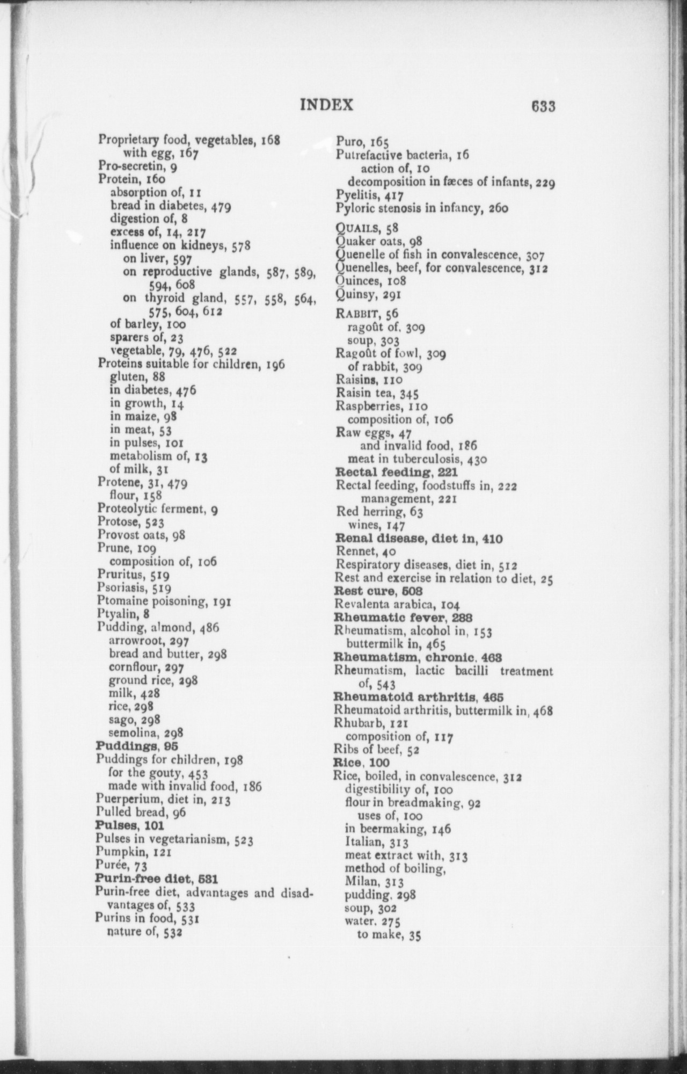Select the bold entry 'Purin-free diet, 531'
(x=156, y=879)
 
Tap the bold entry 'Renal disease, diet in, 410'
(x=419, y=538)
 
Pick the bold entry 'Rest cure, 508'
(x=378, y=591)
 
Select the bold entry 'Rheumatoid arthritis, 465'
(x=419, y=697)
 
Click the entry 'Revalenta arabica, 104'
(x=398, y=604)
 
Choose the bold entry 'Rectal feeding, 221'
(x=396, y=472)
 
